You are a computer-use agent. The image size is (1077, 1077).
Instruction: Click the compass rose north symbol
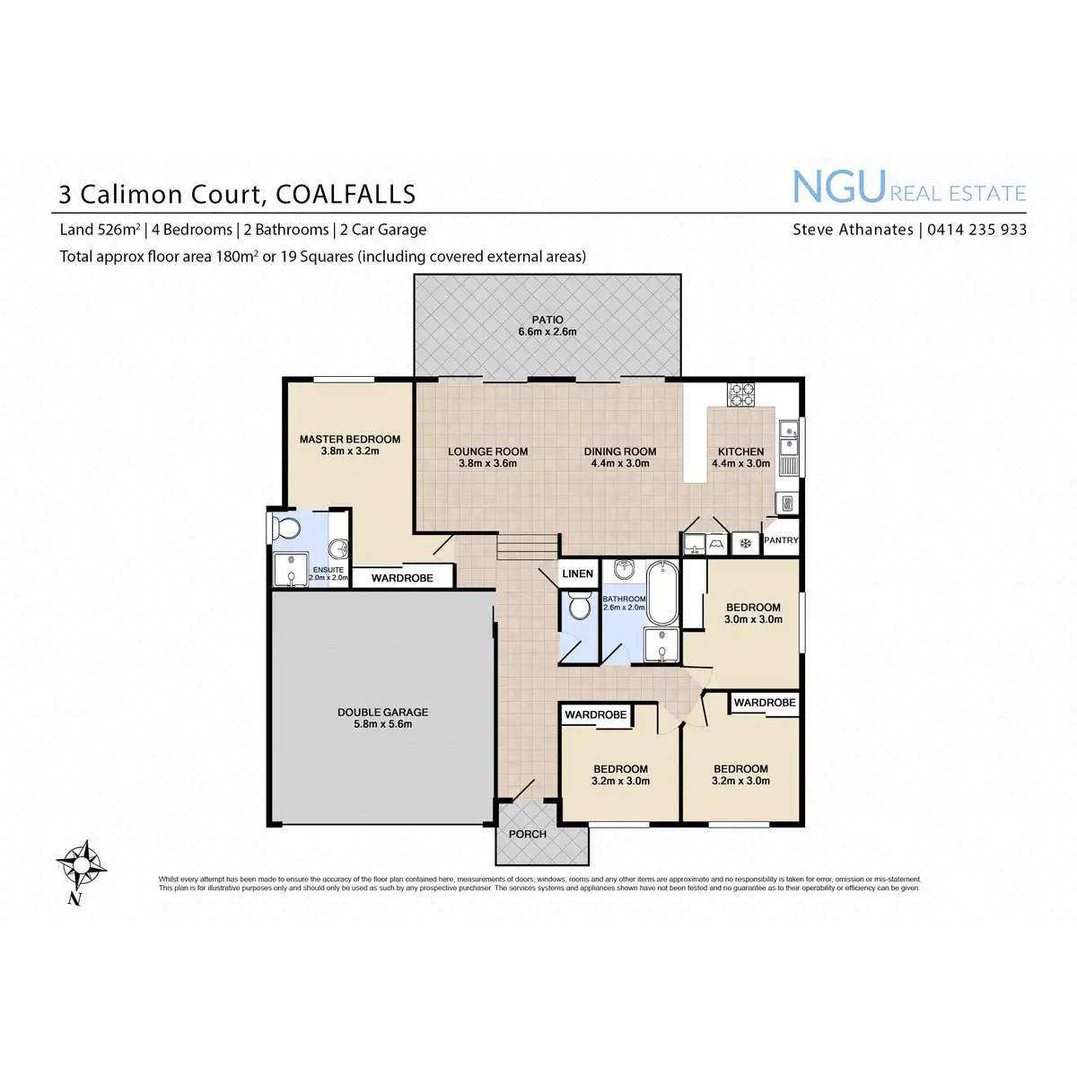pos(81,866)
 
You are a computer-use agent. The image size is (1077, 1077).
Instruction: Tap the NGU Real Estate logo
pos(908,188)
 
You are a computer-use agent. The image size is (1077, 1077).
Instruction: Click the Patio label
pos(547,326)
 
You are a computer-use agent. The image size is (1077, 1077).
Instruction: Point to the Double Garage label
pos(383,718)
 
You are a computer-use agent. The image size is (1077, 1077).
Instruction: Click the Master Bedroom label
pos(350,445)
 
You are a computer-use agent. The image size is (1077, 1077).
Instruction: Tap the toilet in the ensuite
pos(286,528)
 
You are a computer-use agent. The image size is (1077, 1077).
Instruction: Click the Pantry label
pos(781,540)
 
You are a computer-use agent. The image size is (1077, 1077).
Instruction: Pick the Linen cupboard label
pos(577,574)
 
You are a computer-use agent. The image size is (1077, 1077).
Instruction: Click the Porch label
pos(528,834)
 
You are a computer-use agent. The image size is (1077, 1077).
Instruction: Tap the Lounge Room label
pos(488,458)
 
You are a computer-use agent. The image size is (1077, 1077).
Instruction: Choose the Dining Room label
pos(620,458)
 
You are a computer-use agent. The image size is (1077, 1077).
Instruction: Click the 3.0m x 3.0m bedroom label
pos(754,613)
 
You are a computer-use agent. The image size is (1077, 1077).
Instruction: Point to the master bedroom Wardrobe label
pos(402,578)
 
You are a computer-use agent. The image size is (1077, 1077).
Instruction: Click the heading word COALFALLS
pos(346,194)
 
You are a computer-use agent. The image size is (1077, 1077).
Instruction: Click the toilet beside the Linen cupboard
pos(580,607)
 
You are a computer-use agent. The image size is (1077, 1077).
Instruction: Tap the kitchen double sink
pos(788,436)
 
